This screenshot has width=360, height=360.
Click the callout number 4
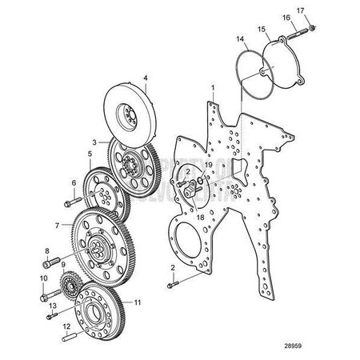(x=145, y=78)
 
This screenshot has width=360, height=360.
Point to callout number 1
(x=212, y=86)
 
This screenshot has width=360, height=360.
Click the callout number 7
(x=57, y=226)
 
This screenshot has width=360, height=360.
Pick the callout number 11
(x=138, y=302)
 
